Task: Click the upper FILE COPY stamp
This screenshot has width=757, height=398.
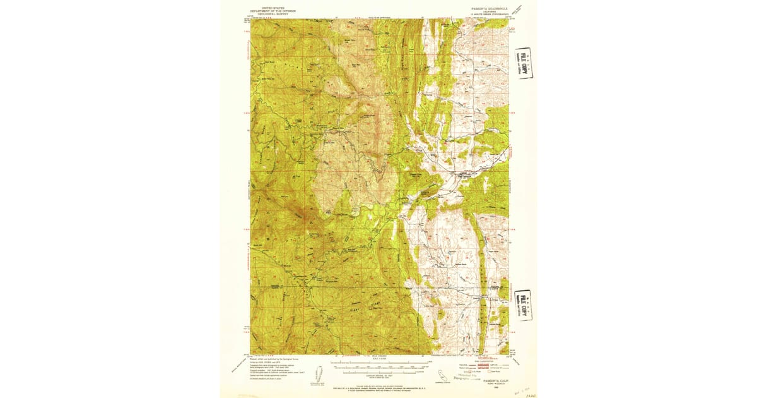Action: pos(523,63)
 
